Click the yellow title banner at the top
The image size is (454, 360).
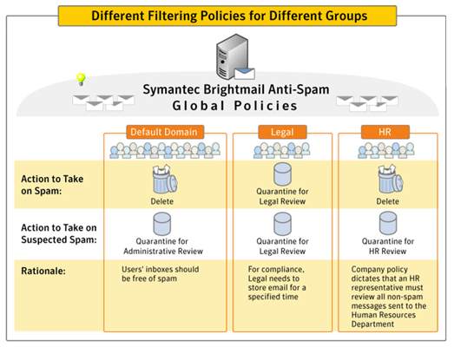tap(227, 16)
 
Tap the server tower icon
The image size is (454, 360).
tap(233, 56)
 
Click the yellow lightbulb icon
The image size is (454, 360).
tap(81, 79)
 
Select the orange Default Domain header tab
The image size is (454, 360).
tap(165, 132)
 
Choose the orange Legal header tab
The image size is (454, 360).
tap(282, 132)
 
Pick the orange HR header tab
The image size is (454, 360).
tap(385, 132)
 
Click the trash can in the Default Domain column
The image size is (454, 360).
tap(164, 179)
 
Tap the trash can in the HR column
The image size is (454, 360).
tap(391, 179)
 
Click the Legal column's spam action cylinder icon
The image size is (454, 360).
tap(282, 173)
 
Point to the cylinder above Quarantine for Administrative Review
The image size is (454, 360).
tap(161, 224)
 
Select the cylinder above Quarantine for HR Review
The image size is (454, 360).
tap(388, 223)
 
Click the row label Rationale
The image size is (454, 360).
tap(43, 272)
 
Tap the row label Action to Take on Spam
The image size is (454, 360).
tap(52, 185)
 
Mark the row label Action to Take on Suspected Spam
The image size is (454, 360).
tap(59, 233)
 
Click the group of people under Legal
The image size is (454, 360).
tap(282, 150)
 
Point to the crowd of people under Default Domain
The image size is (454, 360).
tap(165, 150)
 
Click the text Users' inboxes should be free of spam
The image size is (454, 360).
tap(160, 274)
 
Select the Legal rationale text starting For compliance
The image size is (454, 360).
tap(277, 283)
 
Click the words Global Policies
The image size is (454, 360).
tap(235, 106)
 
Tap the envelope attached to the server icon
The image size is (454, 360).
tap(245, 74)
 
